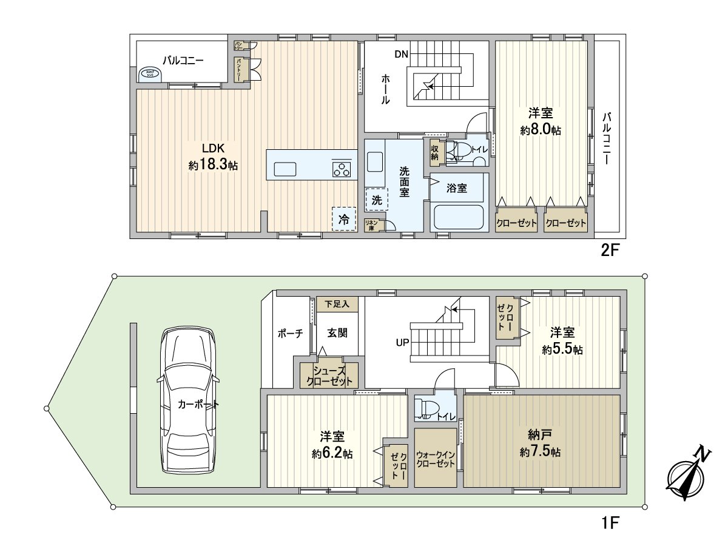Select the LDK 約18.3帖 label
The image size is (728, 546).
tap(213, 157)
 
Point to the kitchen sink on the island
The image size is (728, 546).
tap(285, 169)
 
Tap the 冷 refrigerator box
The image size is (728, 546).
tap(344, 219)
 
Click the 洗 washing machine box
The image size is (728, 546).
tap(376, 199)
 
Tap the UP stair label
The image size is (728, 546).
tap(402, 342)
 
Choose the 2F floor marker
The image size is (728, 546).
tap(608, 251)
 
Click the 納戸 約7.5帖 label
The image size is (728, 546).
tap(540, 443)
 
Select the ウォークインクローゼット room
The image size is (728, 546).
tap(436, 459)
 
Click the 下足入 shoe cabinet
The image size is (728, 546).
tap(337, 304)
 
